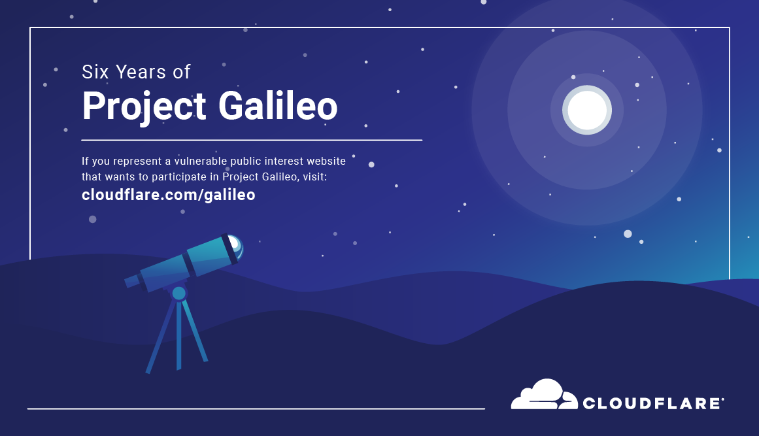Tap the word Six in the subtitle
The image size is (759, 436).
pos(96,72)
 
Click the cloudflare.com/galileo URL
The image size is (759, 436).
pos(168,195)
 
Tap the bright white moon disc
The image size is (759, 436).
pos(587,110)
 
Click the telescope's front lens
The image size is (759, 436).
pos(234,246)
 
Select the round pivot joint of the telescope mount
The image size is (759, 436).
pos(178,293)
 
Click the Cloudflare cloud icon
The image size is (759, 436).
pos(543,395)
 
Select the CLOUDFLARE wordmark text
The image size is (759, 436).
pos(650,403)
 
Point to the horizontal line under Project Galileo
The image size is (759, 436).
pos(252,140)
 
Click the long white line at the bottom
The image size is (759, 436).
pos(256,409)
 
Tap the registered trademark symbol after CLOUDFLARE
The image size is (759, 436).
pos(722,398)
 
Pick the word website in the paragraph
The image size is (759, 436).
pos(335,161)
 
